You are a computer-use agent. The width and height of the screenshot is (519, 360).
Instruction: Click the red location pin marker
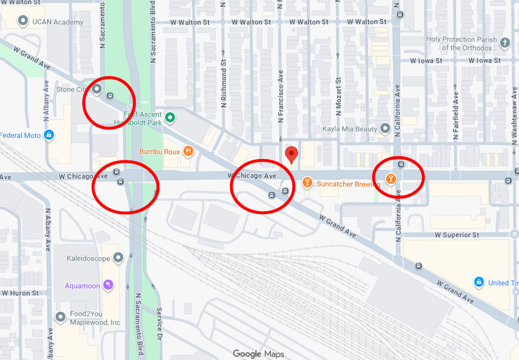pyautogui.click(x=291, y=154)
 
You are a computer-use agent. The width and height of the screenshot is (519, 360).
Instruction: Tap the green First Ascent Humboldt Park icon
pyautogui.click(x=170, y=117)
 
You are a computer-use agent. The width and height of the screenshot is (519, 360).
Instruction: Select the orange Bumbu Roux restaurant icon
pyautogui.click(x=188, y=151)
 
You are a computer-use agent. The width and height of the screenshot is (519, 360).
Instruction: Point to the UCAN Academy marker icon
pyautogui.click(x=23, y=21)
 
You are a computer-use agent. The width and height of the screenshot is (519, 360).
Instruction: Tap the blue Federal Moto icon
pyautogui.click(x=49, y=135)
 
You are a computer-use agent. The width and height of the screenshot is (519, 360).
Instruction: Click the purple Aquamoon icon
pyautogui.click(x=109, y=286)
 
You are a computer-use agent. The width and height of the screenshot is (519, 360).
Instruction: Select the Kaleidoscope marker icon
pyautogui.click(x=119, y=257)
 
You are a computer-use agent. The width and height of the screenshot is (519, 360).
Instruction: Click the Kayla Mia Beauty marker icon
pyautogui.click(x=385, y=128)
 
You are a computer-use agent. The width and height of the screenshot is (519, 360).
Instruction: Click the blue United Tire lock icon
pyautogui.click(x=479, y=282)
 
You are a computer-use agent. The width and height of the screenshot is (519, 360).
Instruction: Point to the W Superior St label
pyautogui.click(x=457, y=235)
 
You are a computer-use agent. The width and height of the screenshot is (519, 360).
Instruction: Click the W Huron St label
pyautogui.click(x=20, y=293)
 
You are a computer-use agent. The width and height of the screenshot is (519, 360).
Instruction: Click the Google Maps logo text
pyautogui.click(x=258, y=354)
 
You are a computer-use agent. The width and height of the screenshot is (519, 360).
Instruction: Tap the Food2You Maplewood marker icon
pyautogui.click(x=60, y=316)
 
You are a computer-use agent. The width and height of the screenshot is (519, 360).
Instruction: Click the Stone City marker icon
pyautogui.click(x=97, y=89)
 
